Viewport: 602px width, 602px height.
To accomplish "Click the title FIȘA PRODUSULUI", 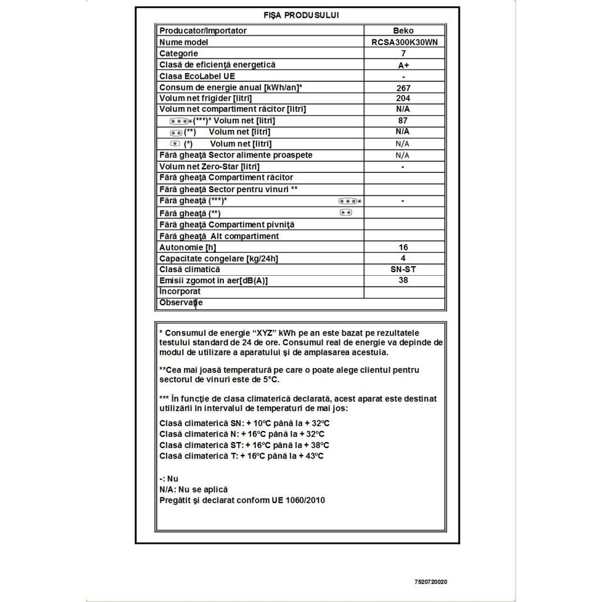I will pyautogui.click(x=301, y=15).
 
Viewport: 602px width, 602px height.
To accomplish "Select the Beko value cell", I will pyautogui.click(x=403, y=31).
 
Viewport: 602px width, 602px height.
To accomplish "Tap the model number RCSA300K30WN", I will pyautogui.click(x=404, y=42).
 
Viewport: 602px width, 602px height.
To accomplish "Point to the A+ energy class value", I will pyautogui.click(x=403, y=65).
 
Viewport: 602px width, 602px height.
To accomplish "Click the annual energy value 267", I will pyautogui.click(x=403, y=88).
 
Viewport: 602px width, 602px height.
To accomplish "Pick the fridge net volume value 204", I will pyautogui.click(x=403, y=98).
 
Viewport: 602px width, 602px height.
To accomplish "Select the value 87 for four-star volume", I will pyautogui.click(x=403, y=121).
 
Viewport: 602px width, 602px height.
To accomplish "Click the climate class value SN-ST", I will pyautogui.click(x=403, y=269).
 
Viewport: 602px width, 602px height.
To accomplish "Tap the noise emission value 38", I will pyautogui.click(x=403, y=280).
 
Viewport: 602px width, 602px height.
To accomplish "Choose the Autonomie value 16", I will pyautogui.click(x=403, y=248).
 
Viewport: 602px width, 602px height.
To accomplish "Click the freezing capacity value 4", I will pyautogui.click(x=403, y=258).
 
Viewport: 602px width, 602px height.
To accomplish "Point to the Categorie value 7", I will pyautogui.click(x=403, y=53).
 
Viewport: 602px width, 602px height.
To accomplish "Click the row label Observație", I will pyautogui.click(x=181, y=303).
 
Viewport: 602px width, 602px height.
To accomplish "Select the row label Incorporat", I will pyautogui.click(x=180, y=292).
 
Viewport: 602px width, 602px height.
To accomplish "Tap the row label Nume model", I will pyautogui.click(x=184, y=42).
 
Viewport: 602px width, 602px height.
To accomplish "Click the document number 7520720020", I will pyautogui.click(x=430, y=582).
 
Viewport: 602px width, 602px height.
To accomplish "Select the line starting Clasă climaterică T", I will pyautogui.click(x=241, y=456).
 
